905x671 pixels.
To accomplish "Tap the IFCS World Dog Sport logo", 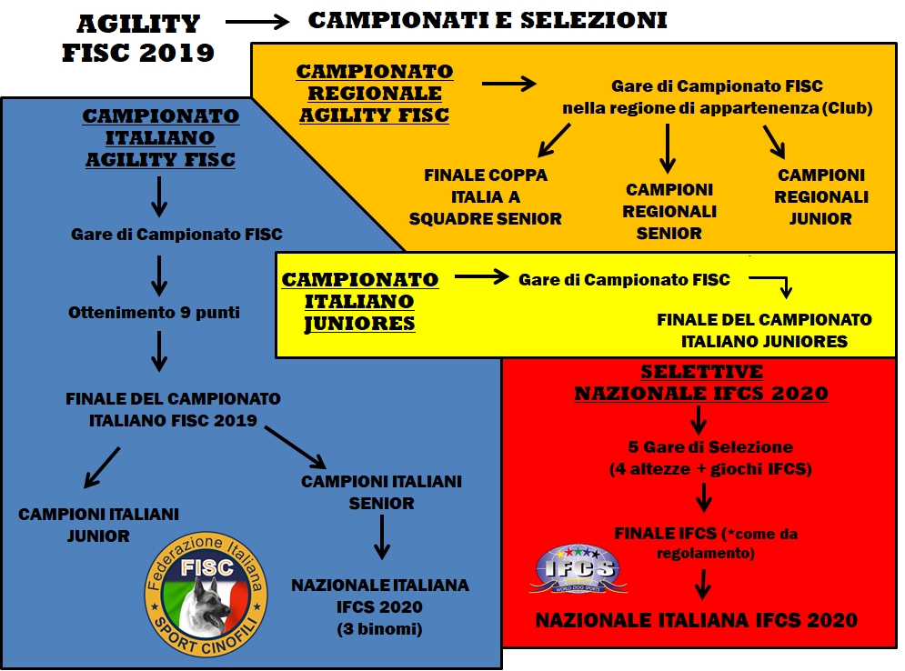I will pos(578,570).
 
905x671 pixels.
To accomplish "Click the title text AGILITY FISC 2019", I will pos(138,38).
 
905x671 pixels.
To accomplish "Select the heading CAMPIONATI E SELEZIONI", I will pos(488,20).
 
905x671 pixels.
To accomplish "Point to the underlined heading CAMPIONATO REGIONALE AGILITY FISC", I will pos(375,93).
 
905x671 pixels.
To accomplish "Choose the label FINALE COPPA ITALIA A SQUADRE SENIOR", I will pos(486,196).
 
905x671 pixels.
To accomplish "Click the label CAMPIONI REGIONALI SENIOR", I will pos(669,211).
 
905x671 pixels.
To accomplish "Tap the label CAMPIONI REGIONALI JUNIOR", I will pos(821,196).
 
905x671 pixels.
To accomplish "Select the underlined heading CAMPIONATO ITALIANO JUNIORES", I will pos(360,301).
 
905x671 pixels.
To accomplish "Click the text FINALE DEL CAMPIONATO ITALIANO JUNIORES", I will pos(764,331).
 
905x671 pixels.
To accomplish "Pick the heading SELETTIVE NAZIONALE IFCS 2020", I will pos(700,383).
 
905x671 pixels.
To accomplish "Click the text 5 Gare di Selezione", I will pos(710,447).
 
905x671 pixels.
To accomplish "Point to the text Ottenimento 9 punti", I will pos(155,312).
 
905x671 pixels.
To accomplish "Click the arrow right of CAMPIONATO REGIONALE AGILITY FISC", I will pos(509,85).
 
